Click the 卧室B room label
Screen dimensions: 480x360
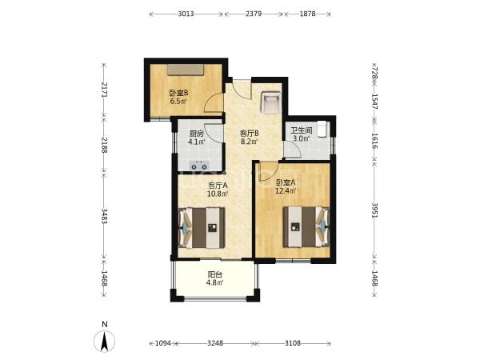(x=178, y=93)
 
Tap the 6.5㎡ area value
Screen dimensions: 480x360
(x=178, y=102)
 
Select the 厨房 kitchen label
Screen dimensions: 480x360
(x=196, y=134)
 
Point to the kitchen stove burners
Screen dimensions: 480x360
(x=199, y=166)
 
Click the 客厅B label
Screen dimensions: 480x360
(x=250, y=134)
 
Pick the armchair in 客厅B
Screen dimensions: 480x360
(x=270, y=102)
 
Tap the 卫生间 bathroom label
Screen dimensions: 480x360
(x=302, y=130)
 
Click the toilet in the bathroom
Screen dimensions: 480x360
(x=322, y=130)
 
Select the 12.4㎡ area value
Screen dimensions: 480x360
(x=286, y=191)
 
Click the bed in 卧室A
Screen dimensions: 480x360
(x=306, y=227)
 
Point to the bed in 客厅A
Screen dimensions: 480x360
(x=202, y=228)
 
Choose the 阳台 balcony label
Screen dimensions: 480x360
(x=215, y=274)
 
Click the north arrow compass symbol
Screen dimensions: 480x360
(x=104, y=341)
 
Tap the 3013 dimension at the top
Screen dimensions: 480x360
(x=186, y=14)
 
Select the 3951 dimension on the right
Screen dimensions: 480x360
(x=374, y=210)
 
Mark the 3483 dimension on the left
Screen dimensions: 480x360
(x=104, y=216)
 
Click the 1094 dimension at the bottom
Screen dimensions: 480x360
(x=162, y=343)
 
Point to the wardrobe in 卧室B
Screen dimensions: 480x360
(x=186, y=70)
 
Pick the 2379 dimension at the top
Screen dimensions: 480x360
(x=254, y=14)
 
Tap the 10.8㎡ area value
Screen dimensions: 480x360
(x=218, y=194)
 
